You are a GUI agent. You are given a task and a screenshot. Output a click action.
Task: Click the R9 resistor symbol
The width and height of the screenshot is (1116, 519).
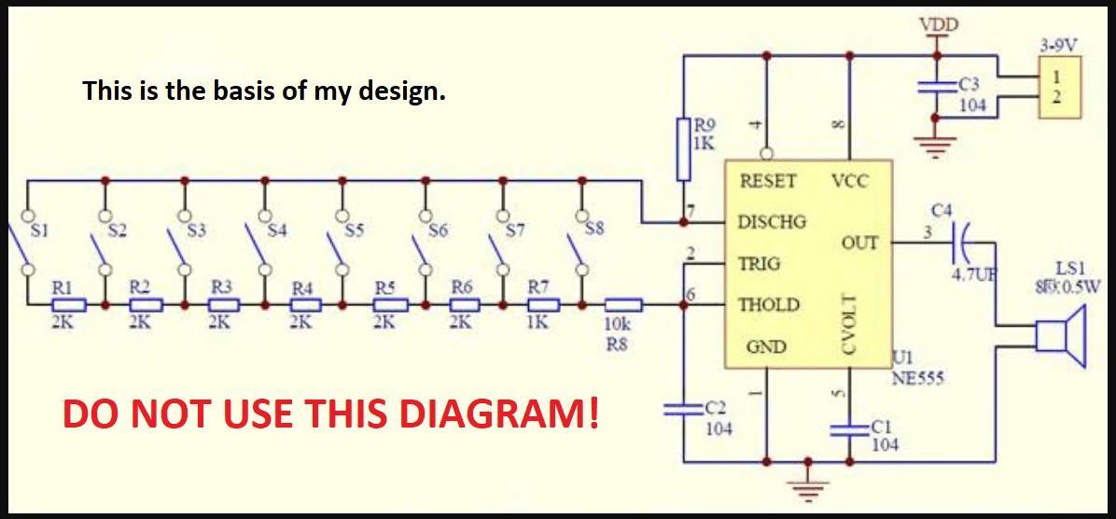tap(684, 148)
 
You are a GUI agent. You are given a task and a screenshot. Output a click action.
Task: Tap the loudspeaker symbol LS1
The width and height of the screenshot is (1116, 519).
tap(1055, 339)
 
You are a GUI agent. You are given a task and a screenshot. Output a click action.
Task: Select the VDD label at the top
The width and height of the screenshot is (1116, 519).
tap(938, 25)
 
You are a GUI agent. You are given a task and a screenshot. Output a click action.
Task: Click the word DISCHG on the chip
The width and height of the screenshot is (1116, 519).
tap(772, 223)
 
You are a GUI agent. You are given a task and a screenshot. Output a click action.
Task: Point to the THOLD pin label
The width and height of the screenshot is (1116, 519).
tap(769, 305)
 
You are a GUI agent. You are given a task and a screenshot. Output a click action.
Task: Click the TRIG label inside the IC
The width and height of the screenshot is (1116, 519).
tap(760, 264)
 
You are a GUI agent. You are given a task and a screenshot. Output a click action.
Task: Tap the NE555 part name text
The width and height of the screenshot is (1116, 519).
tap(918, 378)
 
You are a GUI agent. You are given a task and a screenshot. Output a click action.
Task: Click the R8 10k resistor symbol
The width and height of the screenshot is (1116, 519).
tap(623, 304)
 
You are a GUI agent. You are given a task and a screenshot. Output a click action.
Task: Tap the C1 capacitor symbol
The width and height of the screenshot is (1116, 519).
tap(849, 428)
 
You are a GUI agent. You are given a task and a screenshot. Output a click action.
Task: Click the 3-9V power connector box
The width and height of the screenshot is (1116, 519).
tap(1059, 87)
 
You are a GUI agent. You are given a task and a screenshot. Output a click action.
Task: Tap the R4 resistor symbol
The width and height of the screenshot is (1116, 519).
tap(303, 304)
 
